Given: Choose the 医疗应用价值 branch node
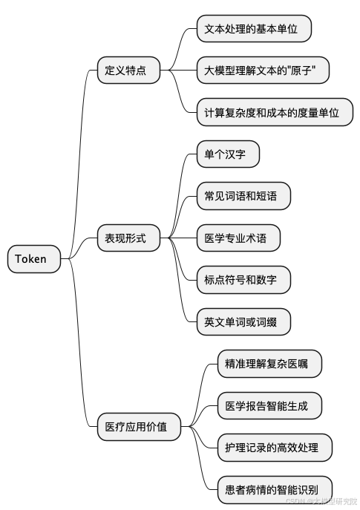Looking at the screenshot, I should tap(138, 427).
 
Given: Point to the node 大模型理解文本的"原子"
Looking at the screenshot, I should tap(262, 71).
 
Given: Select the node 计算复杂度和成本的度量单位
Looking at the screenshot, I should tap(274, 113).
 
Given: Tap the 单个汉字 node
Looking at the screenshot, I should tap(227, 154).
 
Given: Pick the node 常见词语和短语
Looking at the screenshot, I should tap(243, 196).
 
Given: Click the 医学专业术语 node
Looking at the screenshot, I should tap(243, 238).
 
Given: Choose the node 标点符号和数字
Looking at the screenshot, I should tap(243, 280).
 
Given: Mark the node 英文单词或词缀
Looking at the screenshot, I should tap(243, 321).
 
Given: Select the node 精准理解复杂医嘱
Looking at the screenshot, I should tap(269, 364).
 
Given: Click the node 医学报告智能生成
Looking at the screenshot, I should tap(269, 405).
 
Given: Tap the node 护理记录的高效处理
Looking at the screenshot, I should tap(274, 448).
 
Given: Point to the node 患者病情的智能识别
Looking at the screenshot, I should tap(274, 489).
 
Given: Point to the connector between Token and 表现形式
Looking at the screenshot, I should tap(83, 248).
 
